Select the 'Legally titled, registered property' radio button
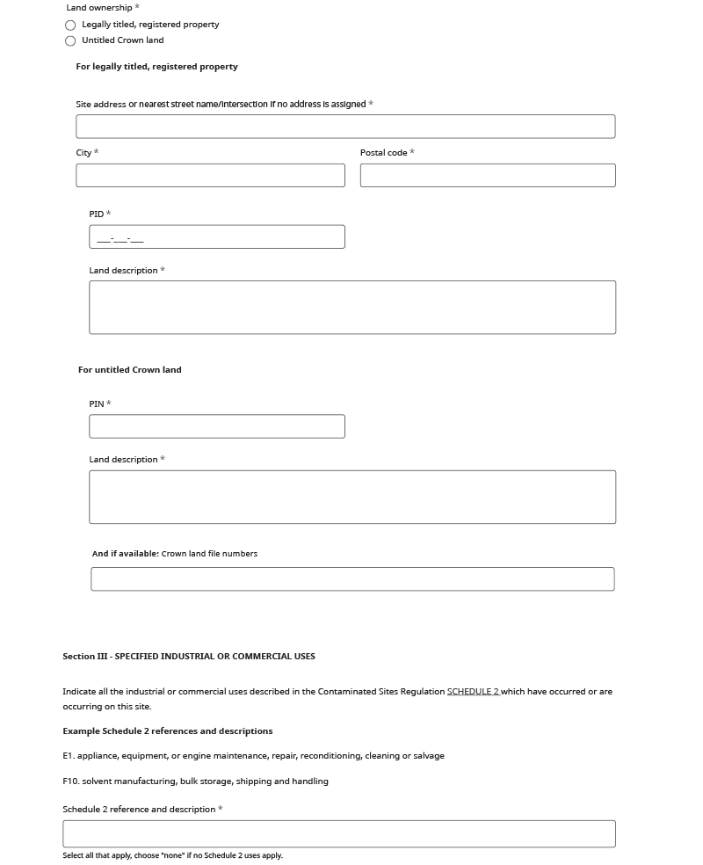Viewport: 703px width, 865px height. click(70, 25)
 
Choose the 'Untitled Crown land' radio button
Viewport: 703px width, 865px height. click(70, 41)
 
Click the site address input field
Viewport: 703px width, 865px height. click(345, 127)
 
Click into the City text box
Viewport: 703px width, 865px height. click(210, 175)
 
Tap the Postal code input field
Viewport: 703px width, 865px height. click(488, 175)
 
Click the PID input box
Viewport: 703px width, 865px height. click(217, 237)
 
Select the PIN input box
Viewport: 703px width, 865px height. click(217, 426)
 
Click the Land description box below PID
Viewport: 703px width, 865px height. click(351, 308)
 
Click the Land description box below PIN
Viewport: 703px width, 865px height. click(351, 498)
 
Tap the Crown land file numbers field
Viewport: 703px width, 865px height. click(352, 579)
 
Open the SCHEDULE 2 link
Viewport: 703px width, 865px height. click(473, 692)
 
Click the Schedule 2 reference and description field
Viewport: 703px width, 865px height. click(338, 834)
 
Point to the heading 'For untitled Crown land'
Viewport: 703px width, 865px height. click(130, 370)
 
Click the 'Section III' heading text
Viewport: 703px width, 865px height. click(188, 657)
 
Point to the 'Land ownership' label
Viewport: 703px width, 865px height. click(99, 8)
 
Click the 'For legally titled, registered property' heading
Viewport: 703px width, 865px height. click(156, 67)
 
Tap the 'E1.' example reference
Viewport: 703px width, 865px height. click(69, 756)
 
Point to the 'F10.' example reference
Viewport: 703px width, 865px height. click(70, 781)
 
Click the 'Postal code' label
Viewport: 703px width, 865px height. click(383, 153)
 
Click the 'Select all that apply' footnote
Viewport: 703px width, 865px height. click(172, 855)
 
